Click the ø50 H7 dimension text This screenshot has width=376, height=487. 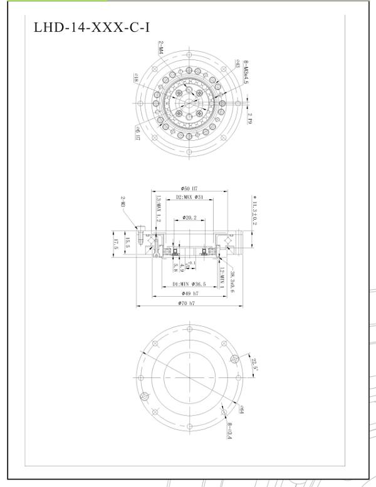[189, 188]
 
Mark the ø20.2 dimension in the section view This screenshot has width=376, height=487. [190, 218]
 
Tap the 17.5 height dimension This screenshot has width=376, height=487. [115, 242]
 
